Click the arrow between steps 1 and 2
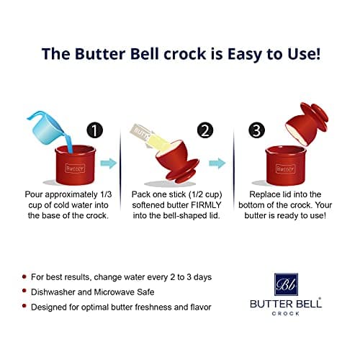pyautogui.click(x=109, y=165)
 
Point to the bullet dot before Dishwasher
pyautogui.click(x=25, y=292)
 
